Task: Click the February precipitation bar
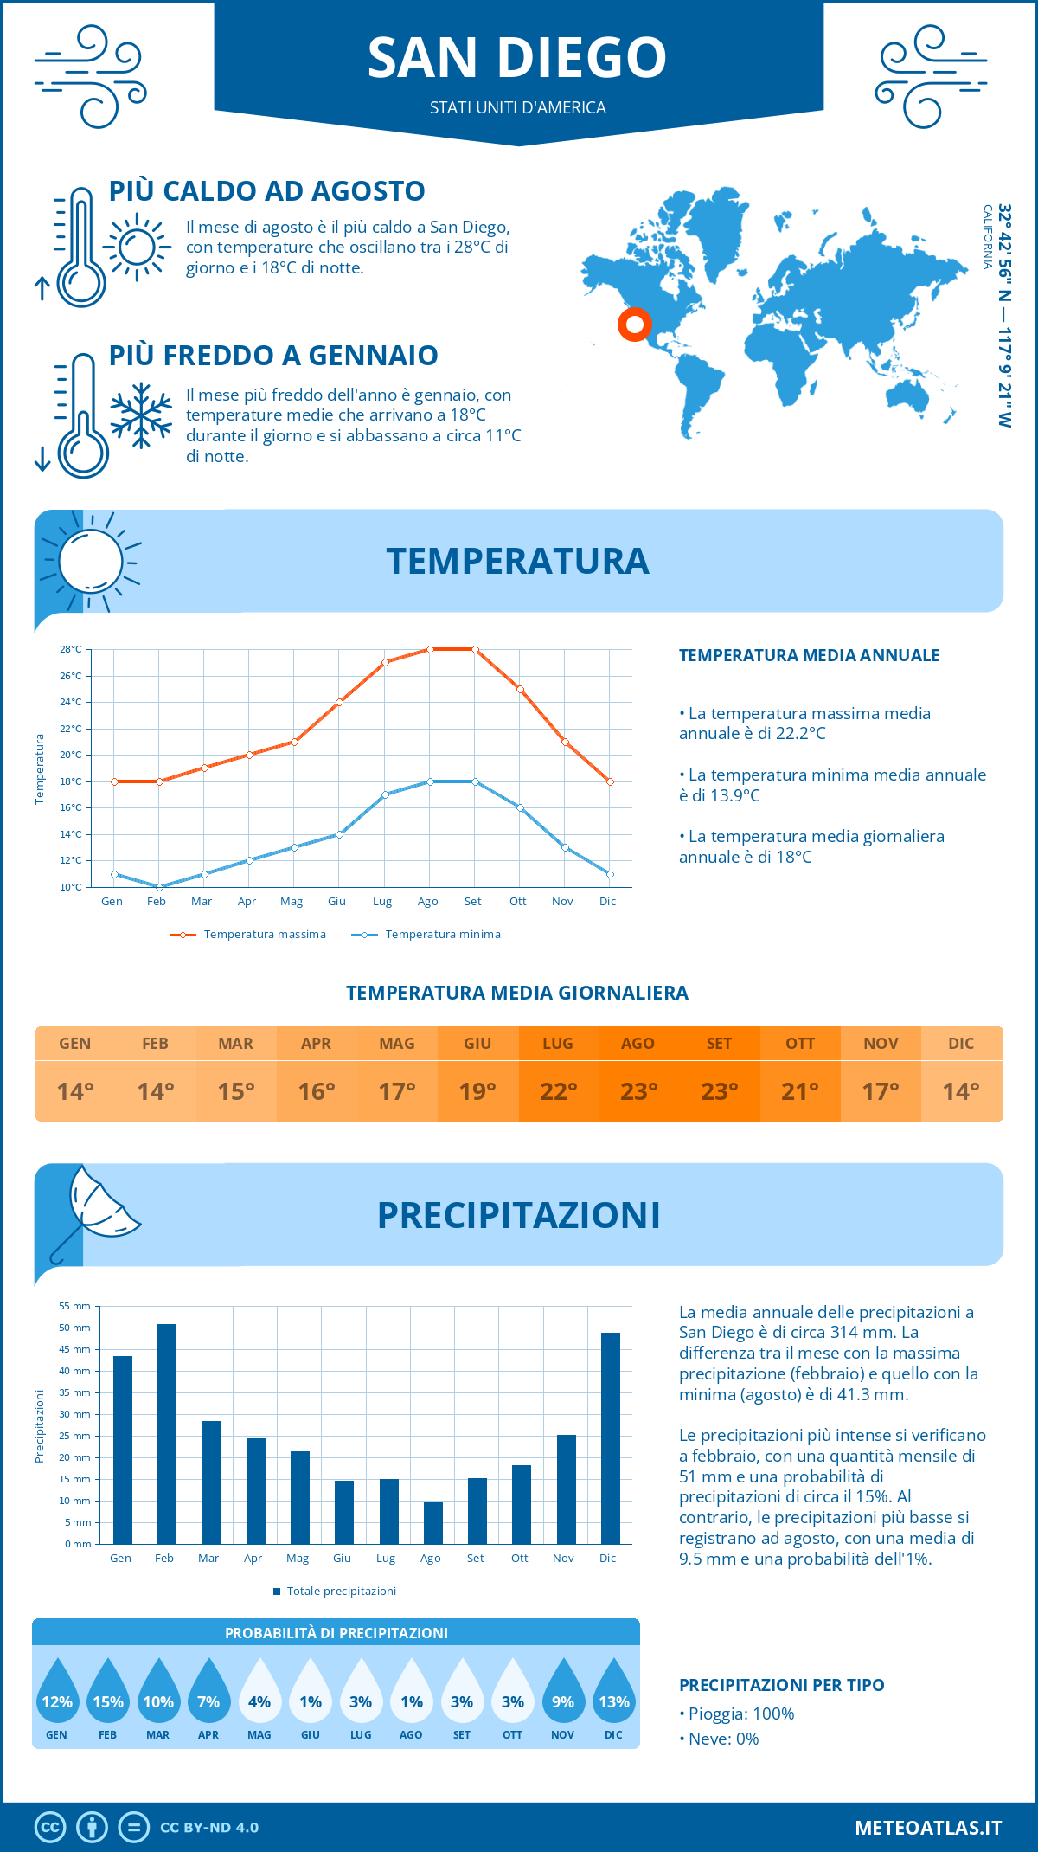[x=166, y=1434]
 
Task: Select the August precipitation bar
[x=433, y=1523]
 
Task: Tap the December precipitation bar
[x=611, y=1438]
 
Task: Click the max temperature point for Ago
[x=430, y=649]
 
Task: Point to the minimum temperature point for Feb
[x=159, y=887]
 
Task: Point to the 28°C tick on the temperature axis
[x=71, y=649]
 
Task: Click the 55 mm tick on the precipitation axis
[x=74, y=1306]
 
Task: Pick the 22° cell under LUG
[x=558, y=1091]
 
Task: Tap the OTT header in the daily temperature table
[x=800, y=1044]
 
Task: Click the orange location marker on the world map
[x=635, y=325]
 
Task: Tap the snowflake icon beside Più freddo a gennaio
[x=141, y=415]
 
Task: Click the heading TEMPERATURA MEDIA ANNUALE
[x=809, y=655]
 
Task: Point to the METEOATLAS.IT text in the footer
[x=928, y=1828]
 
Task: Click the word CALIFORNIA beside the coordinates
[x=987, y=236]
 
